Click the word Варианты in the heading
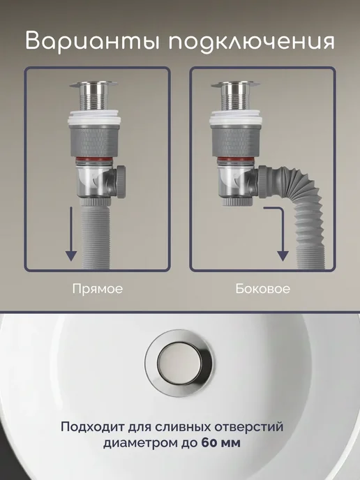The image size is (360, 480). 93,41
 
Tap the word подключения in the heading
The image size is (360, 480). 252,41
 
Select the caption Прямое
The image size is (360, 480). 98,289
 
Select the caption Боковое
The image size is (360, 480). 262,289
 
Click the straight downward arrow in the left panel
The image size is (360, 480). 71,234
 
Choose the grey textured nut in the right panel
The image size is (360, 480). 235,142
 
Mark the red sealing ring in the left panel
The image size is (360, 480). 93,159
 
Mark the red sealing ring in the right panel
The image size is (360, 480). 234,159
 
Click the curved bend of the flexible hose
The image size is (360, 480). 303,189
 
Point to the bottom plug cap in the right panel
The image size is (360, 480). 238,202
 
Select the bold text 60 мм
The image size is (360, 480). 221,443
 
